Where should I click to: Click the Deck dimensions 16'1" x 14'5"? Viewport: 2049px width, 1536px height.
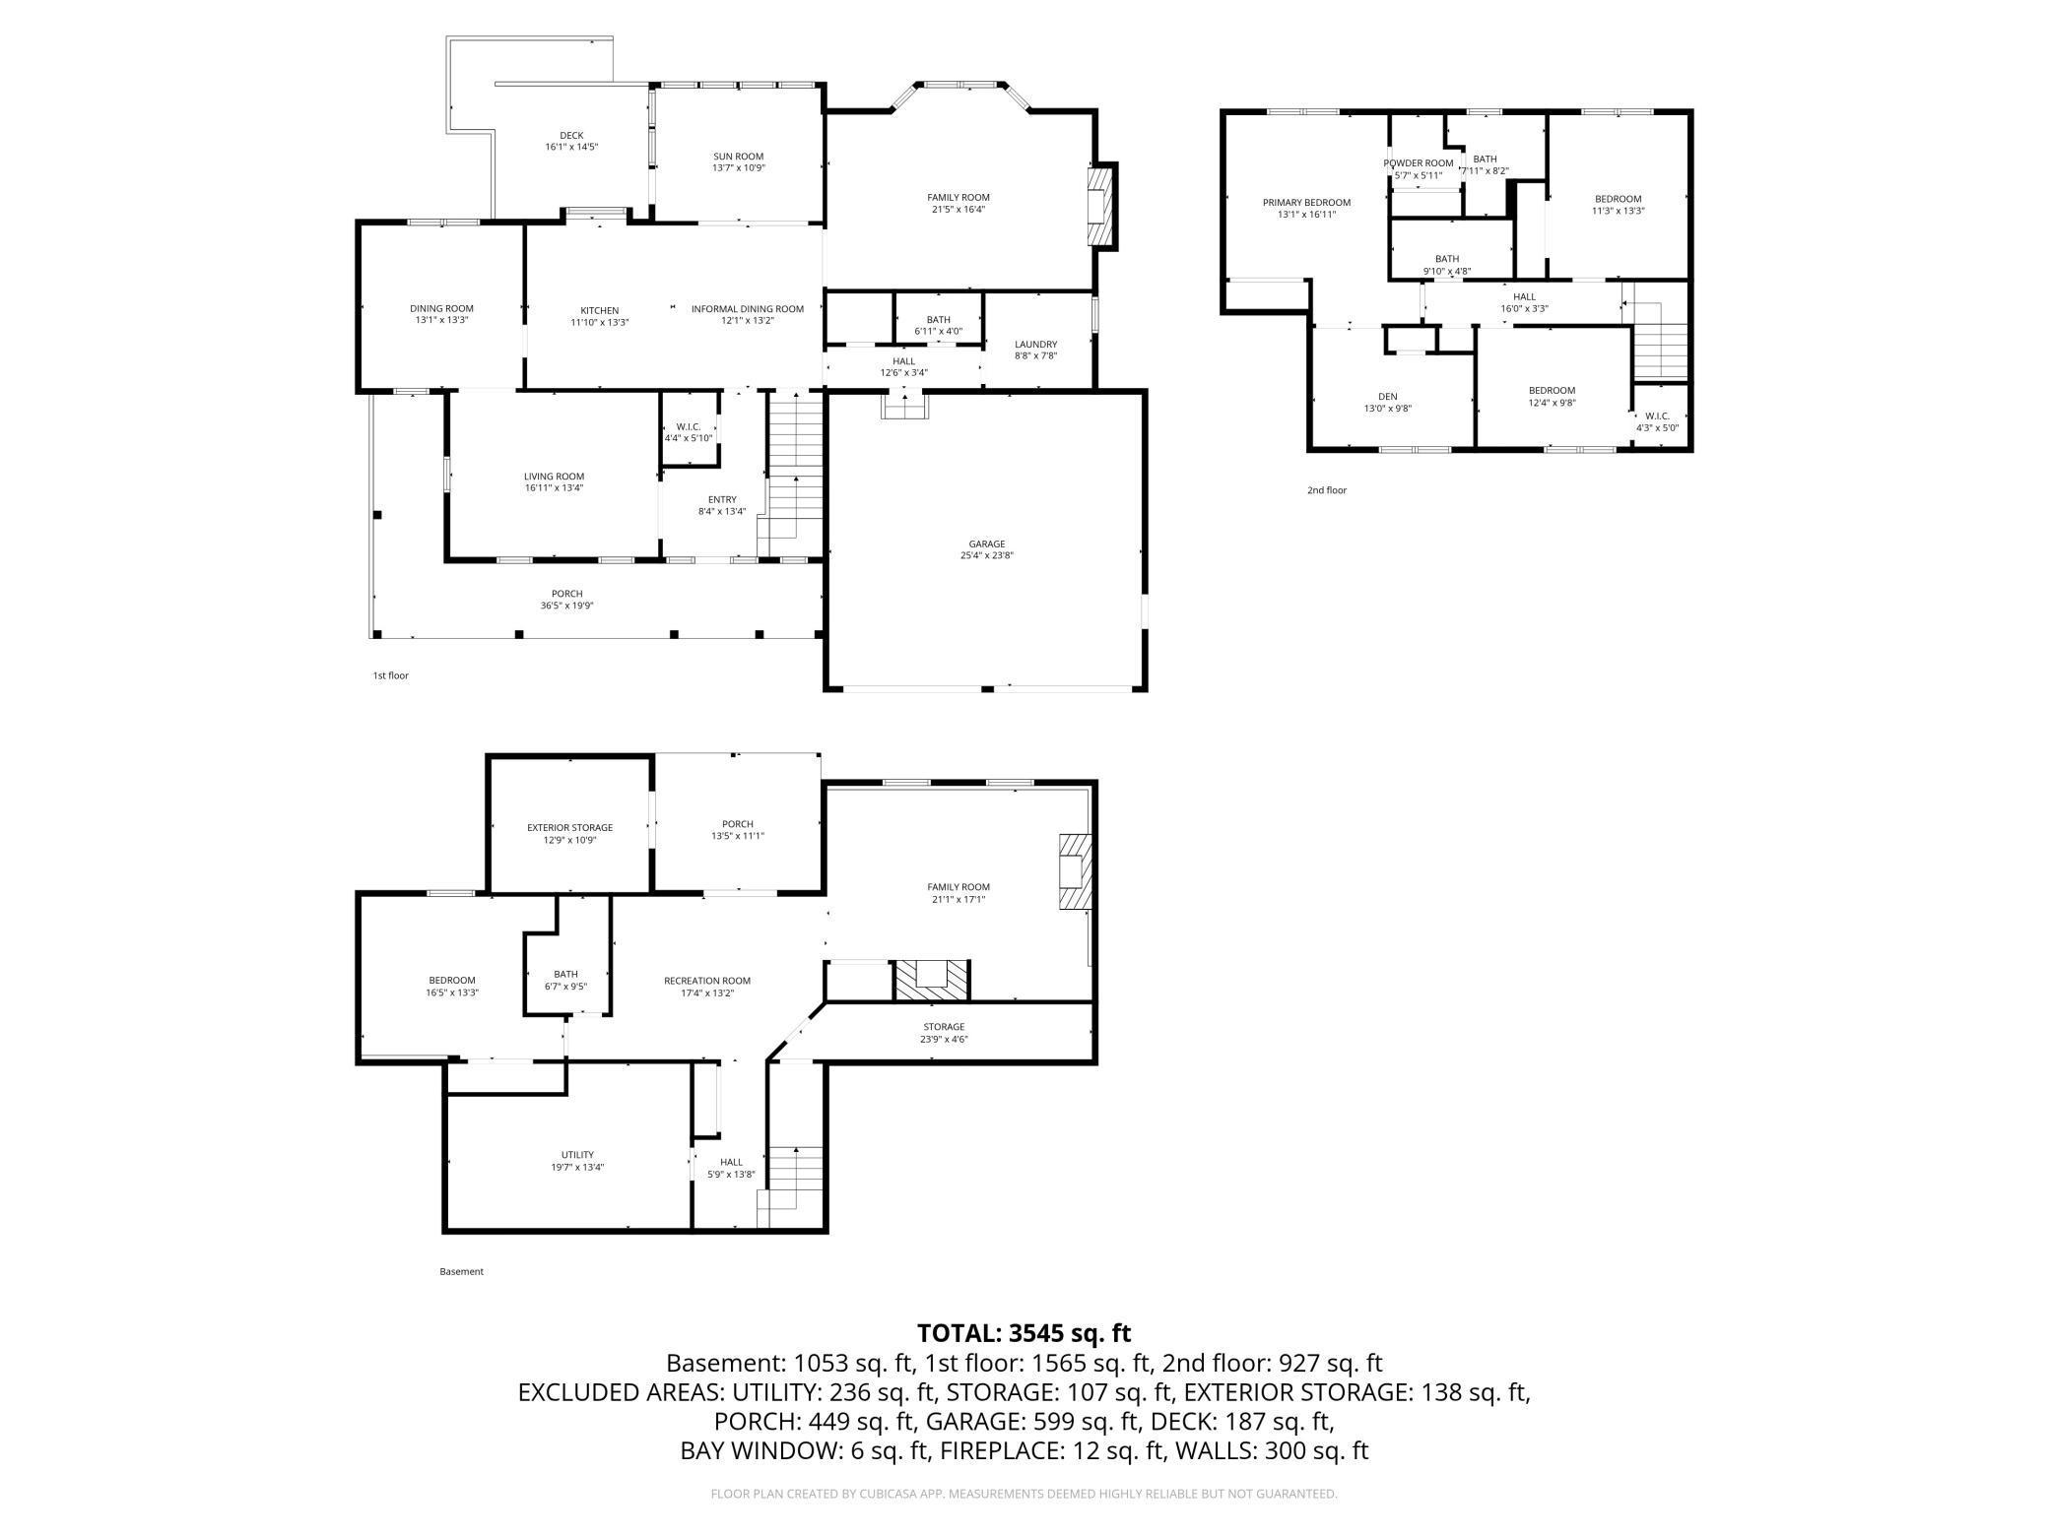571,147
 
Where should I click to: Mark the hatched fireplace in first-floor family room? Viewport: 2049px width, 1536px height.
1101,206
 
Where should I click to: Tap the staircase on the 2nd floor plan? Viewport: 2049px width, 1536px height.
1661,340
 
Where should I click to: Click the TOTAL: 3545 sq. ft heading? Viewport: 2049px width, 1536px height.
1024,1333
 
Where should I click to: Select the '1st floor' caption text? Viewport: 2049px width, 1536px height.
390,675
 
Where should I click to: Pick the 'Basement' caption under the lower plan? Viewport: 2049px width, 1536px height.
461,1271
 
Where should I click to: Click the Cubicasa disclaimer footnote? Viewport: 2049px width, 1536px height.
1024,1494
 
